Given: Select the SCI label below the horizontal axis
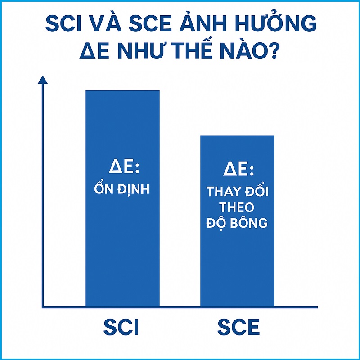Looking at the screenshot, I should point(121,327).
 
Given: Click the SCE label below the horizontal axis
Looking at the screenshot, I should point(238,327).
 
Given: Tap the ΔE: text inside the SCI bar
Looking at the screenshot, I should point(123,168).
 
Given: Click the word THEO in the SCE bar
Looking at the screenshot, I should point(238,207).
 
